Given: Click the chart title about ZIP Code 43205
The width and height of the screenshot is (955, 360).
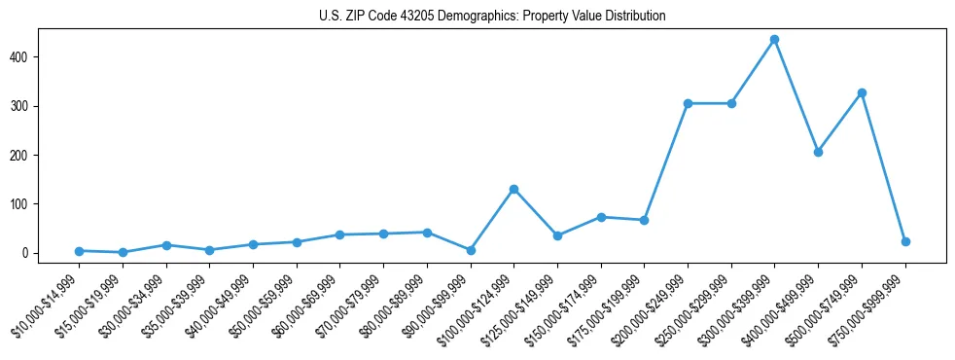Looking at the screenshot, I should pyautogui.click(x=492, y=17).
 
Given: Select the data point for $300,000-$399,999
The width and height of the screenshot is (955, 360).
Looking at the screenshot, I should pyautogui.click(x=774, y=40).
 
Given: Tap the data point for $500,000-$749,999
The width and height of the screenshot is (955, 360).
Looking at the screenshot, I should pyautogui.click(x=862, y=92).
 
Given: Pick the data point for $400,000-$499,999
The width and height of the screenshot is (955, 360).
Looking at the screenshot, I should pyautogui.click(x=818, y=152).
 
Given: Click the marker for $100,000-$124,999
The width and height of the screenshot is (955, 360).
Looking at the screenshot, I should pyautogui.click(x=513, y=189).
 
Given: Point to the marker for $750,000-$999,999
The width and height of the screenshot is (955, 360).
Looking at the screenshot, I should pyautogui.click(x=905, y=241).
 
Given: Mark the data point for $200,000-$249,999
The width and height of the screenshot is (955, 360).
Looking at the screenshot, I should pyautogui.click(x=688, y=103).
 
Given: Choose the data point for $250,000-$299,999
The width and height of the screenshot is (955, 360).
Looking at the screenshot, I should pyautogui.click(x=731, y=103).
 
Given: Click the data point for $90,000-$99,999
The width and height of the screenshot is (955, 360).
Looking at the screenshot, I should pyautogui.click(x=470, y=250).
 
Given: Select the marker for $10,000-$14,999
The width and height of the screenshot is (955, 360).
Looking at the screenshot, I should pyautogui.click(x=79, y=251).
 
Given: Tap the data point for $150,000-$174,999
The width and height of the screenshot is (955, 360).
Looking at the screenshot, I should pyautogui.click(x=601, y=217).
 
